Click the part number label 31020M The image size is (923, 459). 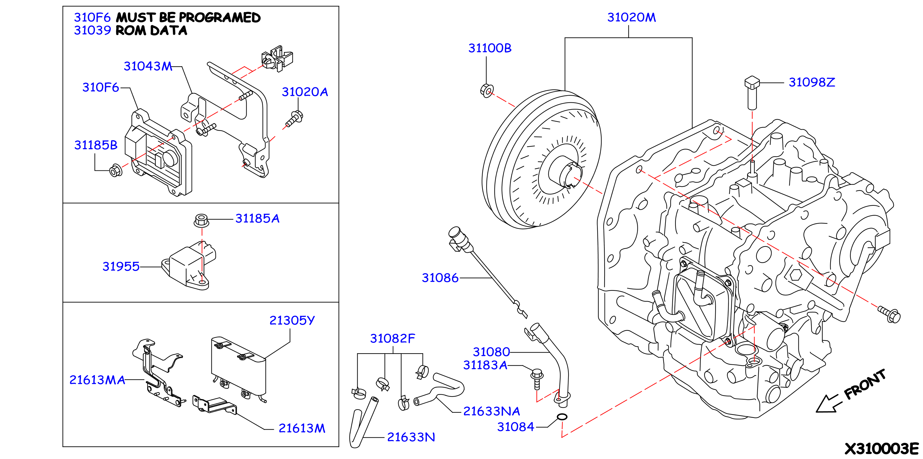[x=631, y=17]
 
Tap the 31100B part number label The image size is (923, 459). [x=490, y=48]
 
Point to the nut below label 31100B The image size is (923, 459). [x=487, y=90]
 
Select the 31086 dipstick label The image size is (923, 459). [x=440, y=278]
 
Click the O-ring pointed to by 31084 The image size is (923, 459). [x=562, y=417]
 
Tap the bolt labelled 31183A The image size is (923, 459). [x=537, y=379]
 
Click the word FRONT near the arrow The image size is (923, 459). [x=865, y=384]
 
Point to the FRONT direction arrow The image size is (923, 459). [x=827, y=404]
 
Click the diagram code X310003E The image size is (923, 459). [x=882, y=448]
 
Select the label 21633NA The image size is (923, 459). [x=491, y=411]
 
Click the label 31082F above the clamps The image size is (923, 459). [x=392, y=338]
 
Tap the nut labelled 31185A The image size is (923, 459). [x=201, y=220]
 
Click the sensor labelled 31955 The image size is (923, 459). [x=189, y=266]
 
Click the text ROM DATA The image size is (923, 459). [x=151, y=31]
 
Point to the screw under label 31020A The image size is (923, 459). [x=294, y=119]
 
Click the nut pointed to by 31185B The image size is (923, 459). [x=115, y=170]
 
